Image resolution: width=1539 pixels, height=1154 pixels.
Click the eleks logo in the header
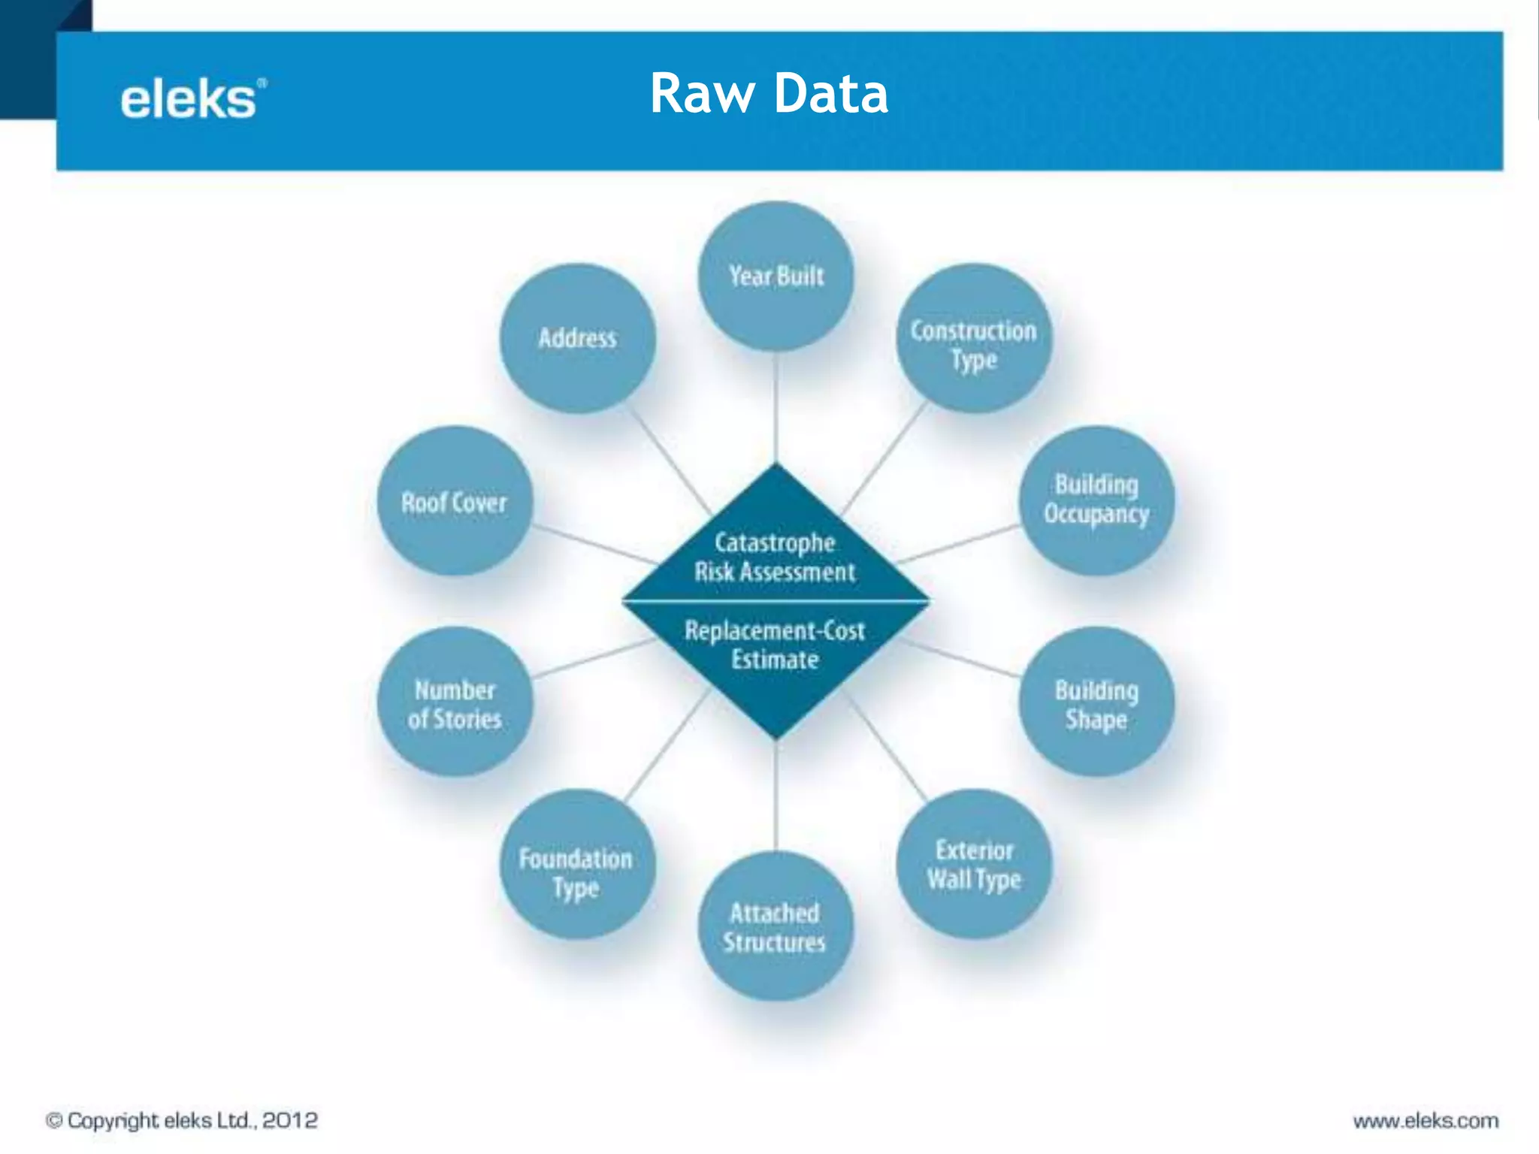192,99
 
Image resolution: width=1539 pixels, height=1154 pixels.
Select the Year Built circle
776,276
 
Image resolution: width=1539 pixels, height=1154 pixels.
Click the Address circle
577,338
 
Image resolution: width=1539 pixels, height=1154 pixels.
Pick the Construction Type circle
974,338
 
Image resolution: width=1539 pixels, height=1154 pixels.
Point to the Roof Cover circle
455,501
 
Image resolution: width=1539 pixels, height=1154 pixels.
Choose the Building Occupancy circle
1096,500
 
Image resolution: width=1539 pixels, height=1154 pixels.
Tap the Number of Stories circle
455,702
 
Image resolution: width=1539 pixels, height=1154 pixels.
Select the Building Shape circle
1096,702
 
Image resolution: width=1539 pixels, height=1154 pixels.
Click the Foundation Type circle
577,864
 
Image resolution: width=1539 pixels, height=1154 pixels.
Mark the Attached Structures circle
776,926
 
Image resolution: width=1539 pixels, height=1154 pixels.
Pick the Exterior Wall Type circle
974,864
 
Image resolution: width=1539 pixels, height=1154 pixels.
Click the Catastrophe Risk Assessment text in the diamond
775,557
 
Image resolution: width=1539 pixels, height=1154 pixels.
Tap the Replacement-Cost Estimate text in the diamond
775,645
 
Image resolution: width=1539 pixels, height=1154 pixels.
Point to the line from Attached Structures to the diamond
776,796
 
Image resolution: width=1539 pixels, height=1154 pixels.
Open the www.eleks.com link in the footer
1426,1121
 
